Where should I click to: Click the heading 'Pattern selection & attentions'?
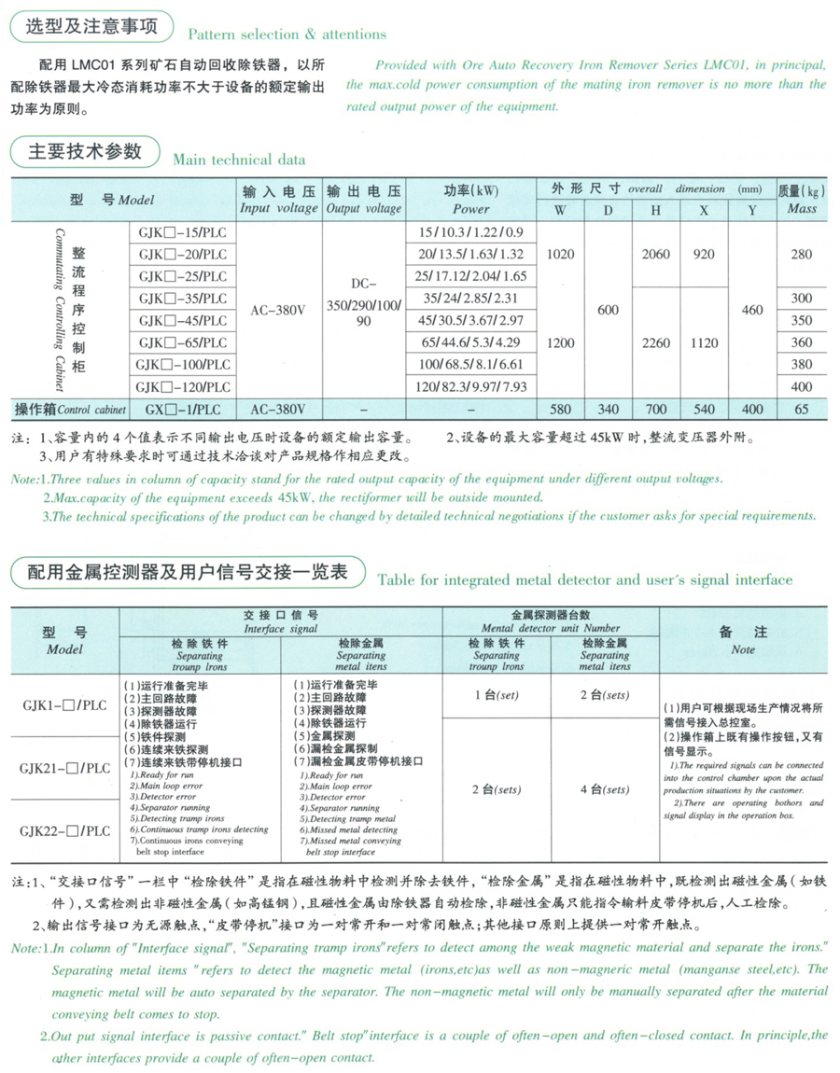click(287, 35)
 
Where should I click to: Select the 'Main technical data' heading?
click(239, 160)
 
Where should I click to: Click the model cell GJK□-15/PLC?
click(181, 231)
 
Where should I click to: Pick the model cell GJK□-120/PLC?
click(181, 386)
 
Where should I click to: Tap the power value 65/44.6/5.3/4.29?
click(470, 342)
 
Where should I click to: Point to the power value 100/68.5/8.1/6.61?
click(470, 365)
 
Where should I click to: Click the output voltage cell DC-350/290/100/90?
click(363, 300)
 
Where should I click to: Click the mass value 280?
click(801, 254)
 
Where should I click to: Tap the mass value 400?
click(801, 386)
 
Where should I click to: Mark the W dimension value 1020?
click(560, 254)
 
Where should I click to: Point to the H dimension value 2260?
click(656, 342)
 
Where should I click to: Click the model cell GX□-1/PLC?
click(181, 409)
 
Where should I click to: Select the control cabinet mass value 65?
click(801, 409)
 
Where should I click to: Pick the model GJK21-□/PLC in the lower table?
click(65, 769)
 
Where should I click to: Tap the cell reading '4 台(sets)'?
click(604, 789)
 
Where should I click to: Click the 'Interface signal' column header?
click(281, 622)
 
